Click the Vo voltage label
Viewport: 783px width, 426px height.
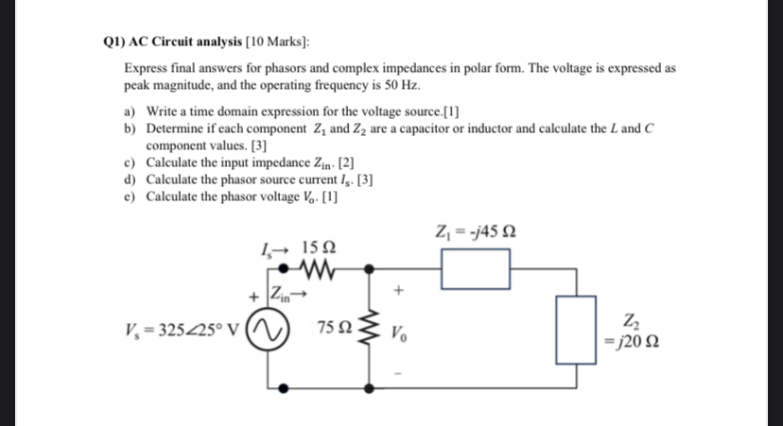tap(401, 334)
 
